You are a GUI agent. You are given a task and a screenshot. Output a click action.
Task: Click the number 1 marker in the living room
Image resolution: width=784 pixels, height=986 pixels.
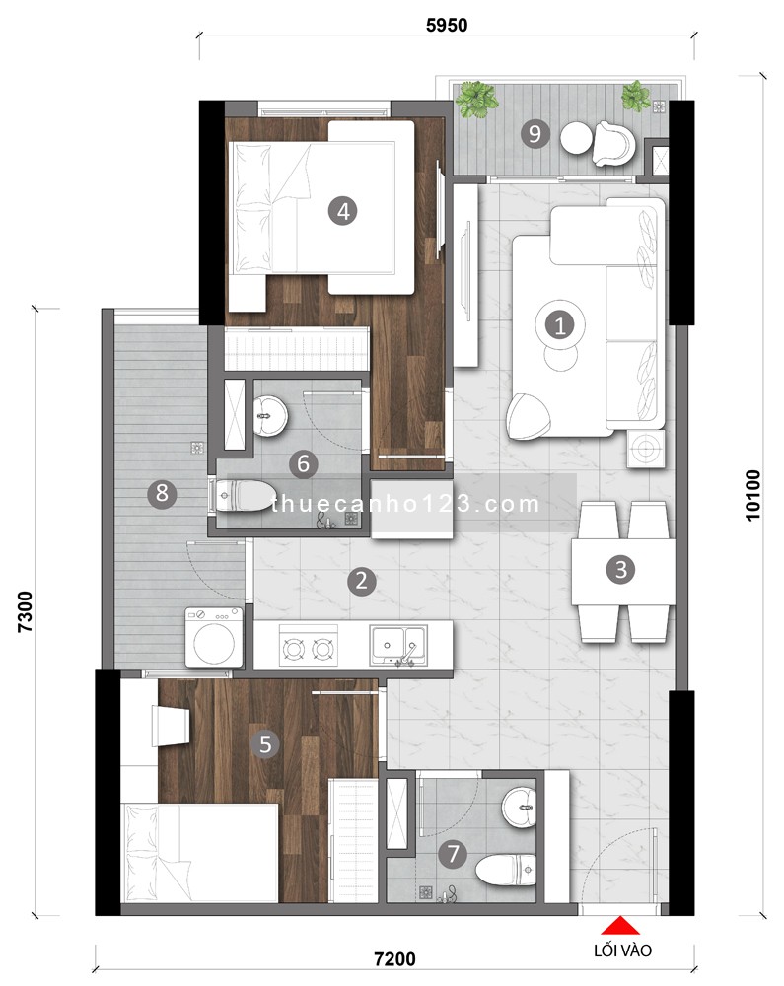click(559, 324)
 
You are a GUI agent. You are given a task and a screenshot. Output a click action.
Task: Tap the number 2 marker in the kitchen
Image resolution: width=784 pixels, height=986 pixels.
click(362, 581)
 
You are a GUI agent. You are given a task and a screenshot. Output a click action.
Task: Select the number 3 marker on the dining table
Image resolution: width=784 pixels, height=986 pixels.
click(620, 569)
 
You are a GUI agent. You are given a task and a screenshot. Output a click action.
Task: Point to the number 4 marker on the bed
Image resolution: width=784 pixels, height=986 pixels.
click(343, 210)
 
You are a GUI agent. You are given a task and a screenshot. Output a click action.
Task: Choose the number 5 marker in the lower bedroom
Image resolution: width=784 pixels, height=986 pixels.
click(264, 744)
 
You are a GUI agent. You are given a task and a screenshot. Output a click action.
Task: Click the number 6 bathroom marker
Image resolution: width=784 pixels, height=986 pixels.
click(304, 461)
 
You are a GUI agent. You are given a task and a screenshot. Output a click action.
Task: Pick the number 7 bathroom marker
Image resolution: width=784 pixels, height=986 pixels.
click(453, 855)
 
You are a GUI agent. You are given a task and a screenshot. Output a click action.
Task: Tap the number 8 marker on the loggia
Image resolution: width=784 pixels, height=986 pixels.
click(162, 493)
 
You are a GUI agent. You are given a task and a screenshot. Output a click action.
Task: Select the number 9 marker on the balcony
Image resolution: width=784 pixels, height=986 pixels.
click(535, 133)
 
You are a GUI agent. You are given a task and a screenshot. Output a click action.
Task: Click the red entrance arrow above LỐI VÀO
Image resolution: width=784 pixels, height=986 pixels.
click(620, 926)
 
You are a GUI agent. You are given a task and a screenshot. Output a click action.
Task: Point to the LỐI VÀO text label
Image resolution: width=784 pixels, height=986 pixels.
click(620, 951)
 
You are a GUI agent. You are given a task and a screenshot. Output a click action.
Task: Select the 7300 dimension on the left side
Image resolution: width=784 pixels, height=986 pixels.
click(26, 615)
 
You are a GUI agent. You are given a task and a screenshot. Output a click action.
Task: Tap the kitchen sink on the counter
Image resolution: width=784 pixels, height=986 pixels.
click(399, 645)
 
